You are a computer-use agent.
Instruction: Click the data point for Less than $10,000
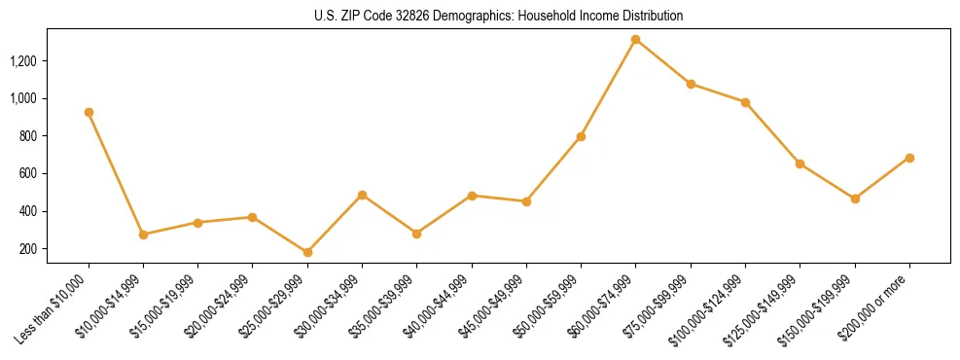click(x=89, y=112)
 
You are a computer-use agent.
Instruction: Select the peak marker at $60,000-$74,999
click(x=635, y=40)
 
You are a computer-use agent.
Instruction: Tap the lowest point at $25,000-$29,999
click(x=307, y=252)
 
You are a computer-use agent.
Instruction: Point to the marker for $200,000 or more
click(x=909, y=158)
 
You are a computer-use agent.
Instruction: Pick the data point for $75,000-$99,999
click(x=691, y=84)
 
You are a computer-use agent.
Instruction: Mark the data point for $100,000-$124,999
click(x=745, y=102)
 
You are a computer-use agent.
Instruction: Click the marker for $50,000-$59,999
click(x=581, y=136)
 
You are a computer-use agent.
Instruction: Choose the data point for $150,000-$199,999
click(x=855, y=198)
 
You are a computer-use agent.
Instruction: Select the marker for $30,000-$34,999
click(x=362, y=195)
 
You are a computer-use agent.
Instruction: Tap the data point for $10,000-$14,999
click(x=143, y=234)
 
